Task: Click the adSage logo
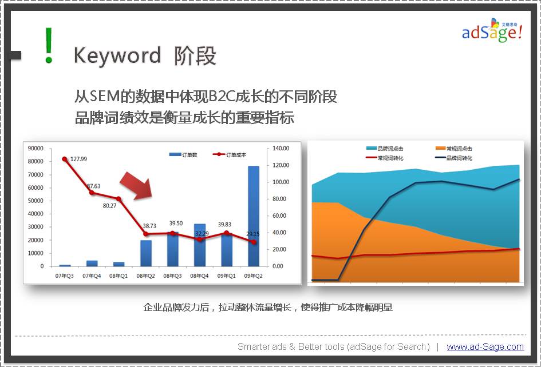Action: tap(492, 30)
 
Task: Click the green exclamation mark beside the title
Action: tap(49, 46)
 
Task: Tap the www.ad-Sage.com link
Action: tap(485, 346)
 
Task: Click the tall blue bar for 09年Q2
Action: tap(254, 216)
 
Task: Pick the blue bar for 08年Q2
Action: tap(145, 253)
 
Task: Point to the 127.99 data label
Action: tap(78, 159)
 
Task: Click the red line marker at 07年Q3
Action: tap(65, 159)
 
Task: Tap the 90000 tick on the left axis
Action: tap(35, 148)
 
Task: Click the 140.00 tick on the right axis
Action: tap(281, 148)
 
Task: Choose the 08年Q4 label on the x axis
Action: tap(199, 276)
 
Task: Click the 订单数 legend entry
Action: tap(183, 155)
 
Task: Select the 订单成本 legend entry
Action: tap(230, 155)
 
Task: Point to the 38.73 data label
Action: tap(149, 226)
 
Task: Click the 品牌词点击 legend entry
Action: tap(385, 149)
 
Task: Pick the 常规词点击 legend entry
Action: tap(454, 149)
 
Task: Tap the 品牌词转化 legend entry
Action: tap(454, 158)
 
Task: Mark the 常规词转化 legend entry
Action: tap(385, 158)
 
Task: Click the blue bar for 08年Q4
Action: tap(200, 245)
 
